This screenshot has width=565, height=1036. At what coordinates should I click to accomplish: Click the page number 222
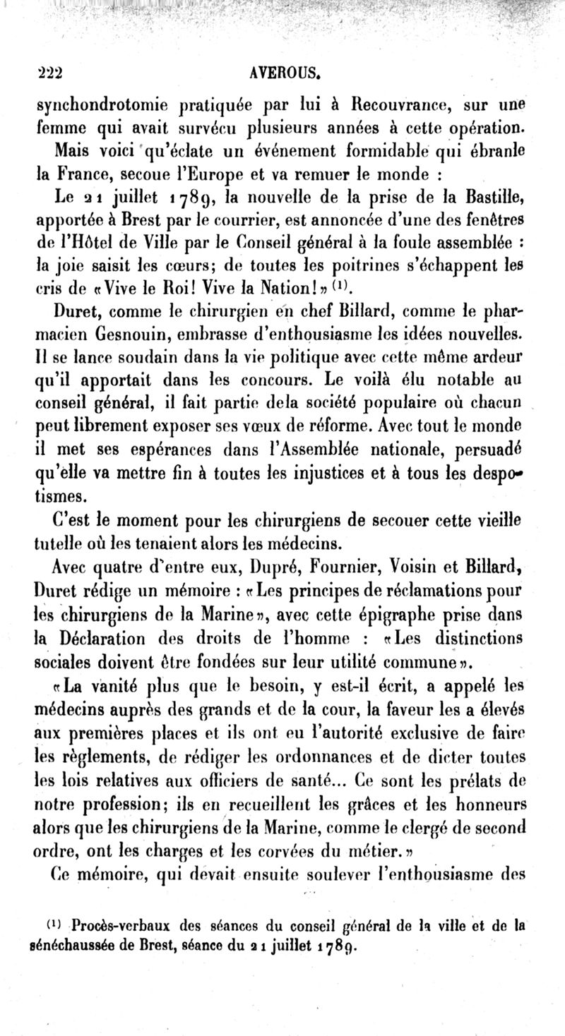[x=49, y=72]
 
